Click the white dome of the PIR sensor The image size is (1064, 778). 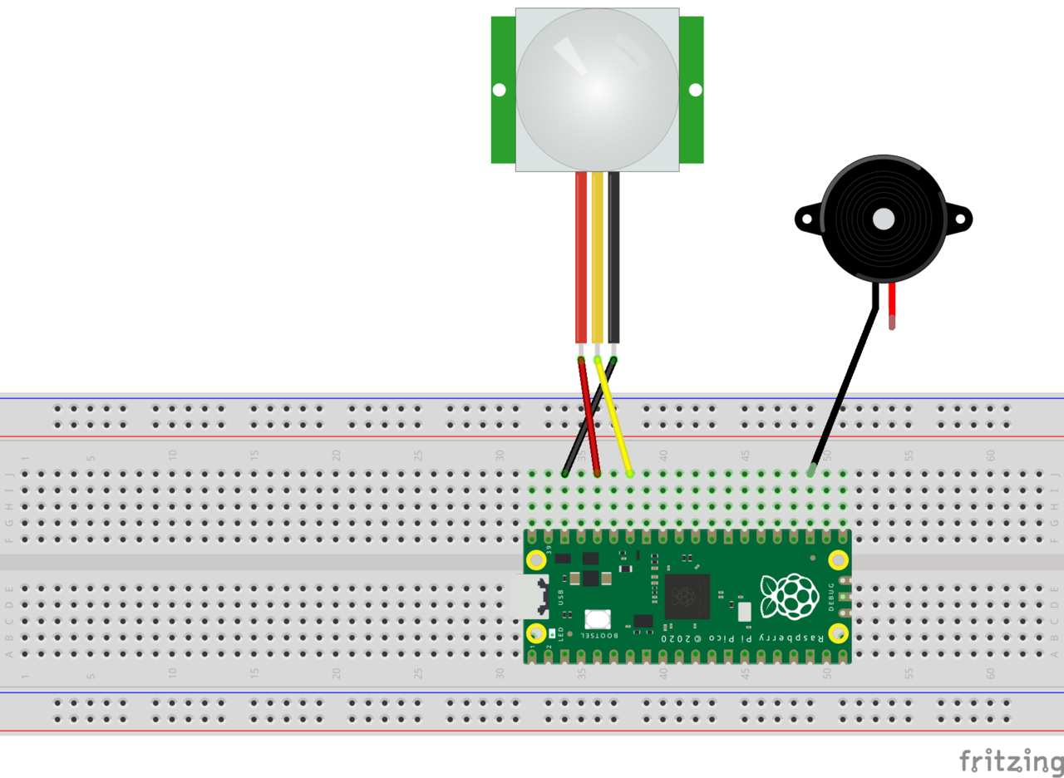coord(597,90)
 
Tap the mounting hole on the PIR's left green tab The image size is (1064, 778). coord(499,90)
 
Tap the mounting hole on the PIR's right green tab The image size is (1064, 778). coord(695,90)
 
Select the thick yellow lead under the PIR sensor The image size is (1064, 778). coord(597,258)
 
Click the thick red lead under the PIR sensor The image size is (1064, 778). coord(581,258)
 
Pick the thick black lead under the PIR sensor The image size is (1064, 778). coord(613,258)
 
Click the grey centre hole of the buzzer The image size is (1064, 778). coord(884,219)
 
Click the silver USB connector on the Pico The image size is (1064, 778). coord(529,596)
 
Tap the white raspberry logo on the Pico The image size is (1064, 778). coord(790,596)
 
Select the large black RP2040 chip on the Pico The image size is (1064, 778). coord(687,596)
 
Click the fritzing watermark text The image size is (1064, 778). coord(1010,761)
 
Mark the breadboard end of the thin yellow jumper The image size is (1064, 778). coord(630,473)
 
